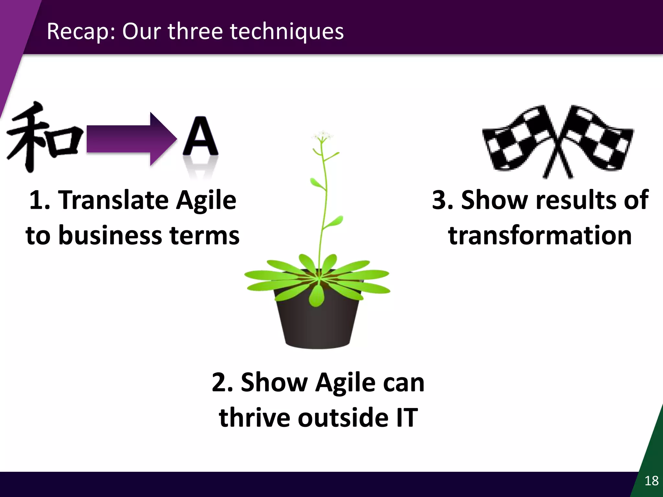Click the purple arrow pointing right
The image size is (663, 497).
tap(129, 139)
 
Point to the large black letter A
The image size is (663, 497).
tap(200, 138)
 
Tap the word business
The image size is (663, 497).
tap(110, 235)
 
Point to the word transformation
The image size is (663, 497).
tap(540, 235)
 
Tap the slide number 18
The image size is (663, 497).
tap(651, 481)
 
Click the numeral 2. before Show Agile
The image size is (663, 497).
tap(222, 382)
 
